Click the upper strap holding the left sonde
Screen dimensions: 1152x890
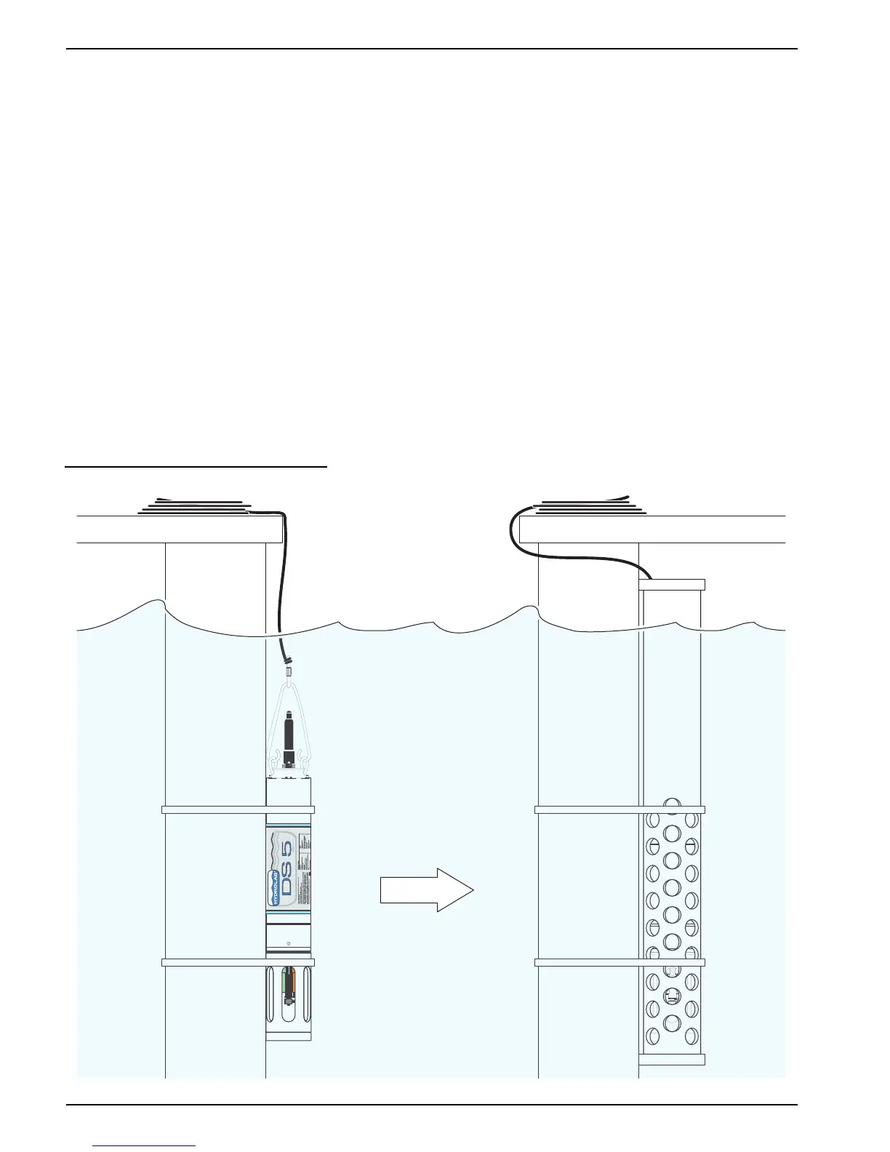coord(238,809)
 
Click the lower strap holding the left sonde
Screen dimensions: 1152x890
coord(238,962)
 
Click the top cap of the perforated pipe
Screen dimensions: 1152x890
coord(672,584)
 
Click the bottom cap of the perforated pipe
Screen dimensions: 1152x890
coord(672,1059)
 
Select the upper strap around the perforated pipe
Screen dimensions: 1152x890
coord(620,809)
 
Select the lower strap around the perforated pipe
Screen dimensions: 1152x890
coord(620,962)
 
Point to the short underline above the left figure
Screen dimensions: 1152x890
coord(196,467)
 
